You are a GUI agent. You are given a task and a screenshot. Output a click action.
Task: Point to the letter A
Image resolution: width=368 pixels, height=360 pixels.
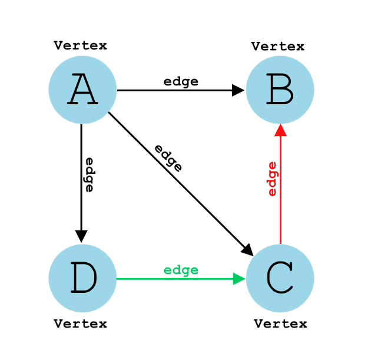click(82, 91)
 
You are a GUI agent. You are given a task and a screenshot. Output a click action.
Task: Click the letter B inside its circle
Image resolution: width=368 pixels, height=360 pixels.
click(280, 91)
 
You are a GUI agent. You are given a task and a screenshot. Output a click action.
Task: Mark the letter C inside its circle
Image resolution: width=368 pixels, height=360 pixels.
click(280, 279)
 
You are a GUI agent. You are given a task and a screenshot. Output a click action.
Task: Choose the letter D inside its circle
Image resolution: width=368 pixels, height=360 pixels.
click(83, 279)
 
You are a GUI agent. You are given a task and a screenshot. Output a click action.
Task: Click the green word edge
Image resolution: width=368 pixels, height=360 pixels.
click(181, 270)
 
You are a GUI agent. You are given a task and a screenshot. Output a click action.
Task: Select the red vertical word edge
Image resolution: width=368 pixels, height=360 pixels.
click(271, 179)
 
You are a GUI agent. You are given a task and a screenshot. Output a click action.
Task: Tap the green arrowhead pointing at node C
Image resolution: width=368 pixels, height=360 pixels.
click(239, 279)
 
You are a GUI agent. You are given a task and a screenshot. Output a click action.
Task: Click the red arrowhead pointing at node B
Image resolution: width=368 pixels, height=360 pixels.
click(280, 130)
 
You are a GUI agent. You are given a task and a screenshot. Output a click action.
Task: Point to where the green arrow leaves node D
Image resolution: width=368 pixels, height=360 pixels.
click(118, 279)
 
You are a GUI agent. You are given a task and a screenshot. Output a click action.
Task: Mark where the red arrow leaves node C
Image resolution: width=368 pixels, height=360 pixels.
click(280, 243)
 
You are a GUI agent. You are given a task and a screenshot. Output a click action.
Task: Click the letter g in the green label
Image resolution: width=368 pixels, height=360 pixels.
click(185, 271)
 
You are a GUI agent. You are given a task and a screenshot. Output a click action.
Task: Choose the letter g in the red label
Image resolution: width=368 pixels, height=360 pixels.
click(273, 174)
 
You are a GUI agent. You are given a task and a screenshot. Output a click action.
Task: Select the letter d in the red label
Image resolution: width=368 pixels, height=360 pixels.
click(271, 183)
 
